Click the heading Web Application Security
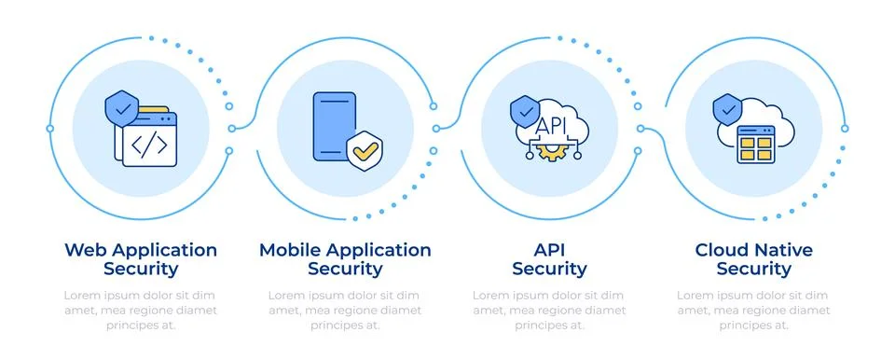(140, 259)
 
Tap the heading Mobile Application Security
(345, 259)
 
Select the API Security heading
(549, 259)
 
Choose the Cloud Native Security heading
(753, 259)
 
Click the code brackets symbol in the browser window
(149, 145)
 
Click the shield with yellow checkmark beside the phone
(364, 148)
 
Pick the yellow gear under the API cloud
(550, 150)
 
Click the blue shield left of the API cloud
(525, 113)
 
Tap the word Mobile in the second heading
(289, 250)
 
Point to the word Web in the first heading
(82, 250)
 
